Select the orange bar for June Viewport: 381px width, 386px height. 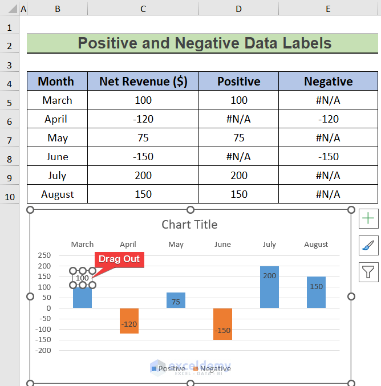(222, 323)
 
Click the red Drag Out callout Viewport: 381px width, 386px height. (119, 259)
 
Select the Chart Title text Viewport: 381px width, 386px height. (189, 225)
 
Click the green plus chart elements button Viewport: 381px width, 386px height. (368, 218)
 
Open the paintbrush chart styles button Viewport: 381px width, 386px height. (368, 245)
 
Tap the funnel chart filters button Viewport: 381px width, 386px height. (368, 272)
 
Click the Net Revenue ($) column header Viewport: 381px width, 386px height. (143, 82)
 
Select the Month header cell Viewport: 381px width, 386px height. (56, 82)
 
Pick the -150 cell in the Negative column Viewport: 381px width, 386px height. (329, 157)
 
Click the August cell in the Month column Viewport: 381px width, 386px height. (58, 194)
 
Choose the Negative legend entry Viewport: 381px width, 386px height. (212, 369)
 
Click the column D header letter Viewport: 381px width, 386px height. (239, 9)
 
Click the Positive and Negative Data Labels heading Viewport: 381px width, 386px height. (204, 43)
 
